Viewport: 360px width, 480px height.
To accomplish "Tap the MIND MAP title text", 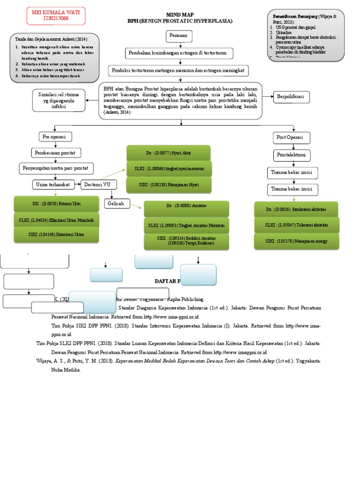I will pos(180,15).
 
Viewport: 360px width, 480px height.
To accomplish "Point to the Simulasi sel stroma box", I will pos(59,100).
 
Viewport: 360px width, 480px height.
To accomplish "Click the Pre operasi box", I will pos(55,137).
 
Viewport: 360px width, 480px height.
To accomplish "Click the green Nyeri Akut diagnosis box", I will pos(168,153).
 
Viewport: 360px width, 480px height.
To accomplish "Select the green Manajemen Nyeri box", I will pos(168,185).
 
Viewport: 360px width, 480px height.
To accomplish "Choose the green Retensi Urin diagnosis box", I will pos(57,204).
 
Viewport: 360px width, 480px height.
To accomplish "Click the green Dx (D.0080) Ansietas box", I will pos(186,206).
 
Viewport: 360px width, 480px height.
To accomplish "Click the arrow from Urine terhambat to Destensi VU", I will pos(78,185).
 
